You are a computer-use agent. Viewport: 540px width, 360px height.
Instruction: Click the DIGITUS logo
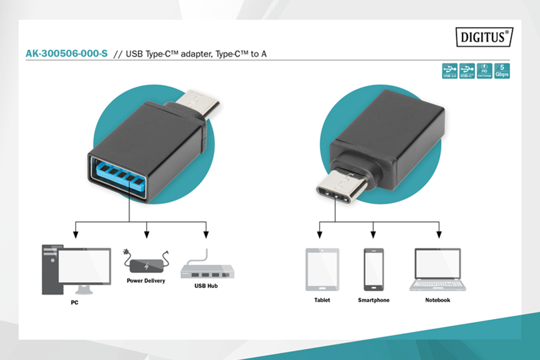coord(484,37)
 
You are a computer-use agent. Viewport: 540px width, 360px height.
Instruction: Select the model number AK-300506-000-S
coord(67,54)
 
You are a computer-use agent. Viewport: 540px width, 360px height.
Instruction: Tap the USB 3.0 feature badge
coord(450,71)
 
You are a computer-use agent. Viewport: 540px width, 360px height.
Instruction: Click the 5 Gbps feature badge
coord(502,71)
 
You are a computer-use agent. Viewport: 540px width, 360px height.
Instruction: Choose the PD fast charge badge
coord(485,71)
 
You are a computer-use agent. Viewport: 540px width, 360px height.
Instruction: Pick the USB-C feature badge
coord(467,71)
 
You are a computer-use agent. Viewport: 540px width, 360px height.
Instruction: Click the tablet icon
coord(322,269)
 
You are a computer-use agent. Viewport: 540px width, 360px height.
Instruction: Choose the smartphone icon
coord(374,269)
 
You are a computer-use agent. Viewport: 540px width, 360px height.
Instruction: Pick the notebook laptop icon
coord(438,269)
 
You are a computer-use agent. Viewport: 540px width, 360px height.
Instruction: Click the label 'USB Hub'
coord(206,286)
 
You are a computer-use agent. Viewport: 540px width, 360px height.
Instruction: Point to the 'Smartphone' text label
coord(374,300)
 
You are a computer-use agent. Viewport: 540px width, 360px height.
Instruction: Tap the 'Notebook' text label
coord(438,300)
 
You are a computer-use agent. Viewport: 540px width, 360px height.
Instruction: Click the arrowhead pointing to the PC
coord(76,235)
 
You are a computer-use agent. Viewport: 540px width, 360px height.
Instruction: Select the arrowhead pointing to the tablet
coord(320,235)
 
